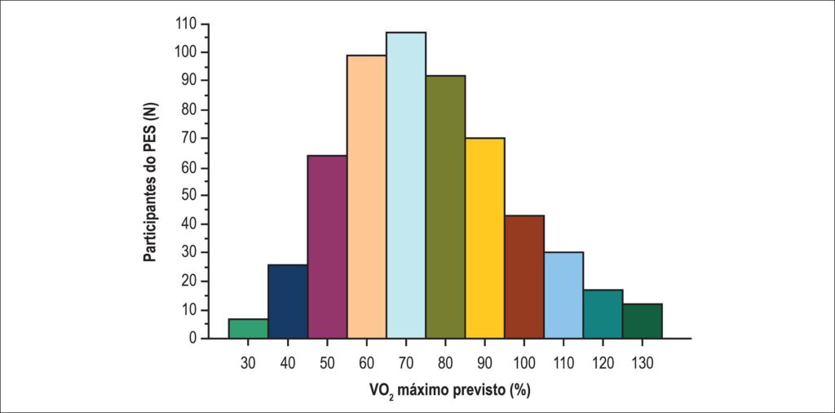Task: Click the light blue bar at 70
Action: tap(406, 185)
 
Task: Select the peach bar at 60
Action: tap(366, 196)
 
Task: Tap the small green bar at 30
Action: tap(248, 328)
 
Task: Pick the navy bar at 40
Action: tap(288, 301)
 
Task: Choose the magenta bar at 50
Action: tap(327, 246)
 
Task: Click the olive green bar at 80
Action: tap(445, 206)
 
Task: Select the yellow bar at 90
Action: tap(484, 238)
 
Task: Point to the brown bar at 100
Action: tap(524, 277)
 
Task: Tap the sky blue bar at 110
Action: tap(563, 295)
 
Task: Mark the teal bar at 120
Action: tap(603, 314)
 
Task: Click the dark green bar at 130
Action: tap(643, 321)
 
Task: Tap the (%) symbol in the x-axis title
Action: tap(519, 389)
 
